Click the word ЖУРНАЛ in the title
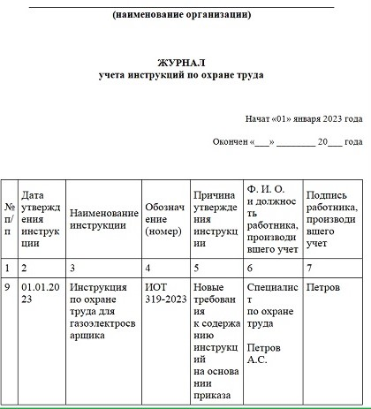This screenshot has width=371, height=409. (x=181, y=64)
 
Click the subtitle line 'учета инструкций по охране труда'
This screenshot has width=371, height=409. (x=181, y=76)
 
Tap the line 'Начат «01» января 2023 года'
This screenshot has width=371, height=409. (x=304, y=118)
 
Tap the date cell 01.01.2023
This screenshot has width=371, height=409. (x=41, y=294)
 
